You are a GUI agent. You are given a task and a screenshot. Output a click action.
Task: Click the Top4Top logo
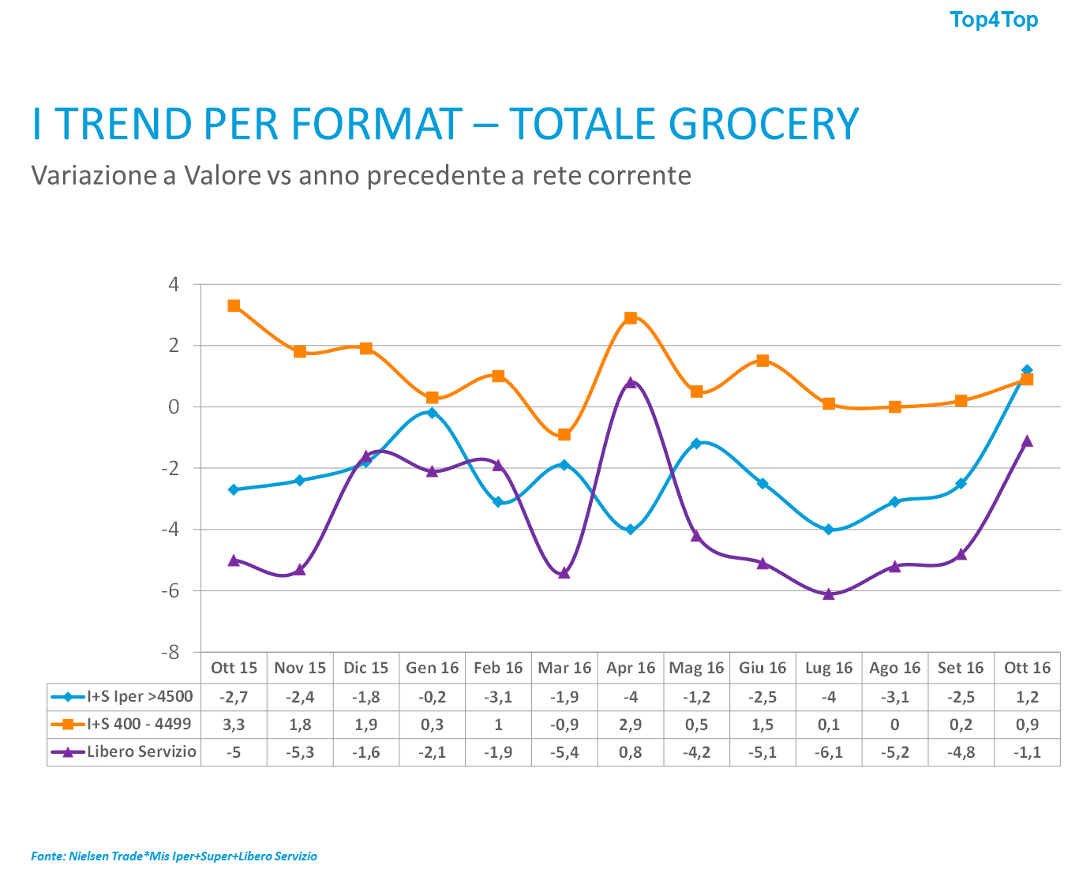pyautogui.click(x=994, y=20)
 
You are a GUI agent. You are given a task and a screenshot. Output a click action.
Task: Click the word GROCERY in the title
pyautogui.click(x=763, y=124)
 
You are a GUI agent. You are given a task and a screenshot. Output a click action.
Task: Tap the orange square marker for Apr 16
pyautogui.click(x=631, y=318)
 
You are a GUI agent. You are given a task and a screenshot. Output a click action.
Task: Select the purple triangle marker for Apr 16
pyautogui.click(x=631, y=382)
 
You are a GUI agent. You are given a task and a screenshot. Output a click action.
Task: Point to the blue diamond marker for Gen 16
pyautogui.click(x=432, y=412)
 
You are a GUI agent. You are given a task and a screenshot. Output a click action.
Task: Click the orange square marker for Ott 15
pyautogui.click(x=234, y=305)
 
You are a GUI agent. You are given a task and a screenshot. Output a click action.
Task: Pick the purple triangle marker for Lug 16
pyautogui.click(x=829, y=594)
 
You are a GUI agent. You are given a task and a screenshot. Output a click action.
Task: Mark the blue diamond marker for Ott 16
pyautogui.click(x=1027, y=369)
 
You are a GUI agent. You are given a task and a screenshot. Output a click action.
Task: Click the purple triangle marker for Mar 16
pyautogui.click(x=564, y=573)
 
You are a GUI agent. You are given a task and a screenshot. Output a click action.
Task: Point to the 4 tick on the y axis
pyautogui.click(x=174, y=283)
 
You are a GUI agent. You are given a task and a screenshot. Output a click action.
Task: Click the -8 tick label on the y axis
pyautogui.click(x=170, y=653)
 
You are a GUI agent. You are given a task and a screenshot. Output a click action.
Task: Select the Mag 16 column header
pyautogui.click(x=696, y=668)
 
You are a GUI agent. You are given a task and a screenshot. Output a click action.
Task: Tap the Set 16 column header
pyautogui.click(x=961, y=668)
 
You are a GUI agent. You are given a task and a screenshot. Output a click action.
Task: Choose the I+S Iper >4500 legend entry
pyautogui.click(x=123, y=697)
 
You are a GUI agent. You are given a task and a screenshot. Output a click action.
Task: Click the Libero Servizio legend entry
pyautogui.click(x=123, y=752)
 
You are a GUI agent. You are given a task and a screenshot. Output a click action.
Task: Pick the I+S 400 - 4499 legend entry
pyautogui.click(x=123, y=725)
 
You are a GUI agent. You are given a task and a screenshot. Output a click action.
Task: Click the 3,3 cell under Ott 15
pyautogui.click(x=234, y=725)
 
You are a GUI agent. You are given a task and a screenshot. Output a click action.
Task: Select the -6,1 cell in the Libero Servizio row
pyautogui.click(x=829, y=752)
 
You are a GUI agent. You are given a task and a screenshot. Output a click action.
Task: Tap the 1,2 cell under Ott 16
pyautogui.click(x=1027, y=697)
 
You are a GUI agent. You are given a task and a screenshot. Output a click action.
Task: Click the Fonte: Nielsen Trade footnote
pyautogui.click(x=174, y=856)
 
